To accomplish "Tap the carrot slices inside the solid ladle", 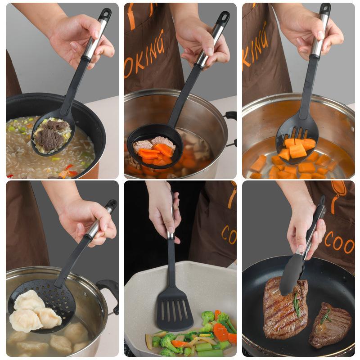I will point(155,151).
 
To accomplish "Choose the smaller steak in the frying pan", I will point(330,324).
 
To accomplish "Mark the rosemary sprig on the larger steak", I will point(297,306).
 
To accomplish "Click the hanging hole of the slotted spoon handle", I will point(325,9).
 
